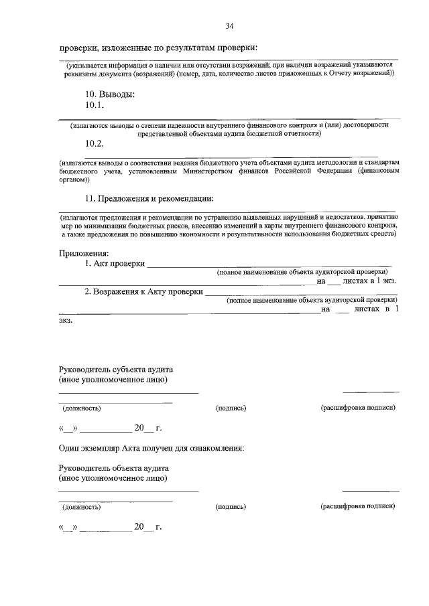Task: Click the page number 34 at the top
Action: click(x=230, y=27)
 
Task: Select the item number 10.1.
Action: click(x=95, y=105)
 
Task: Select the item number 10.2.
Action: click(x=95, y=143)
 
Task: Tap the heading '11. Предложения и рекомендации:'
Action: click(x=149, y=198)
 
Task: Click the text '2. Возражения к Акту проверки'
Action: click(x=143, y=291)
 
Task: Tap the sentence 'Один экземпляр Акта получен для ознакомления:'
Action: click(x=151, y=447)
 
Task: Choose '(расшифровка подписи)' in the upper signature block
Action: click(x=358, y=407)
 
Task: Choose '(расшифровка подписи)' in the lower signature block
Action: click(x=358, y=506)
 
